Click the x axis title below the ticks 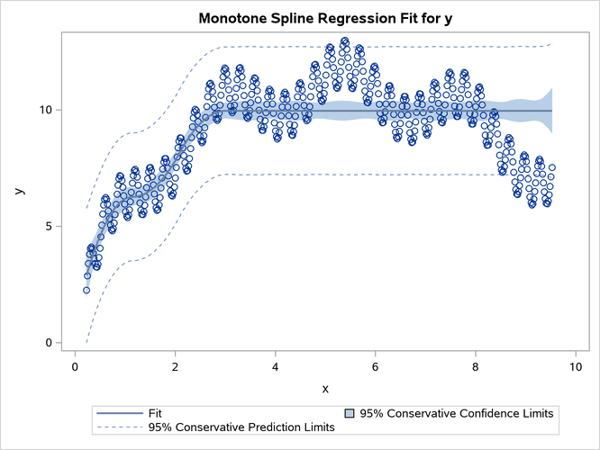(x=324, y=388)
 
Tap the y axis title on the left (x=19, y=190)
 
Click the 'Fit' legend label (x=157, y=413)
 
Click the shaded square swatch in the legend (x=350, y=413)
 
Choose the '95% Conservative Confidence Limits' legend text (x=456, y=413)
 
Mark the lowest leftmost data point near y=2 (x=86, y=290)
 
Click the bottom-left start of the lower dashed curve (x=86, y=342)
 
